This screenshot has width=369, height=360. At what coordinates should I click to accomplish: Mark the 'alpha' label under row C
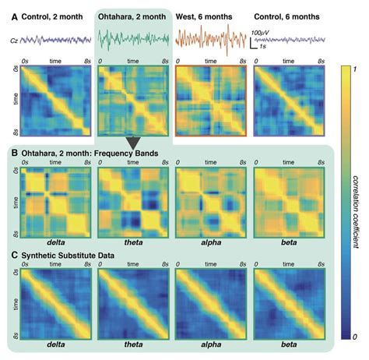pyautogui.click(x=207, y=343)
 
